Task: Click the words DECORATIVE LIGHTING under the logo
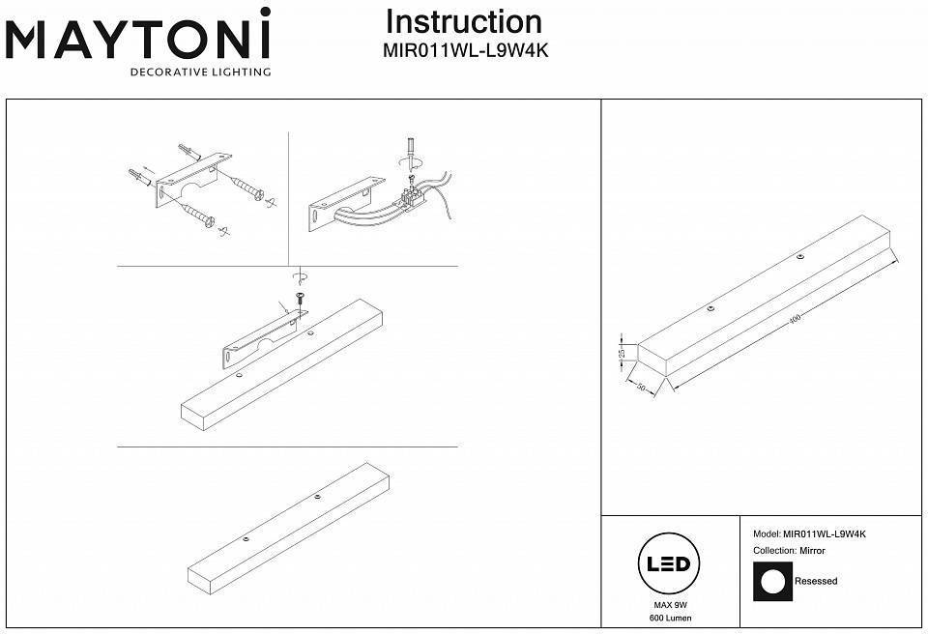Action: [x=201, y=72]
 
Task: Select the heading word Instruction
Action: [x=463, y=22]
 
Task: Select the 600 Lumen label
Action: [x=671, y=618]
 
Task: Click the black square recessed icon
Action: [x=771, y=582]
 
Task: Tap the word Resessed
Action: [x=816, y=582]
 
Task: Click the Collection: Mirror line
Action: [x=789, y=551]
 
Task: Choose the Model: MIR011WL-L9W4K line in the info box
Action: [x=809, y=533]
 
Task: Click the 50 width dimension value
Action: [x=643, y=389]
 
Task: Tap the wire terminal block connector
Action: [x=410, y=198]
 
